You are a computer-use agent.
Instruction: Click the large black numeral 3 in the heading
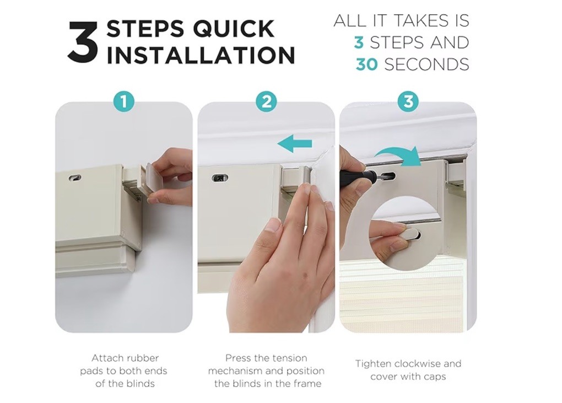83,42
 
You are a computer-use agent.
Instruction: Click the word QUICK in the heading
234,28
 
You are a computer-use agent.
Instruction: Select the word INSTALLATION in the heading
201,55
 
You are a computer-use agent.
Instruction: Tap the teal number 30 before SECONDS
366,65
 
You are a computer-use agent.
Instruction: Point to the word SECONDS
426,65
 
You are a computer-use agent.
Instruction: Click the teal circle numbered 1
123,101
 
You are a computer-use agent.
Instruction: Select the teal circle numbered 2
266,101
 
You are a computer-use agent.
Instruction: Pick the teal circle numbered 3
408,101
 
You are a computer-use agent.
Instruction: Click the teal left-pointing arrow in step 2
295,144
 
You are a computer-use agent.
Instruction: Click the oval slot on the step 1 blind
75,178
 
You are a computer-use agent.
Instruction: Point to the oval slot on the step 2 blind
220,178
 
